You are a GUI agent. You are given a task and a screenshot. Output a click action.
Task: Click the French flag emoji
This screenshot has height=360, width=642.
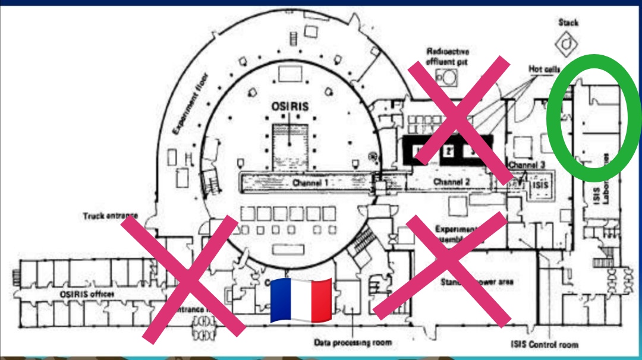point(301,300)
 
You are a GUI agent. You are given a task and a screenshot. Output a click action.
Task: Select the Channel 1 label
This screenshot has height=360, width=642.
point(310,182)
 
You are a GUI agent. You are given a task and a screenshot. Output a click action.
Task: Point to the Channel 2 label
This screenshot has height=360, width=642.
point(452,181)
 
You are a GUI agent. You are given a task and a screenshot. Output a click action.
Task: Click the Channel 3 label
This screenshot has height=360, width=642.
point(527,165)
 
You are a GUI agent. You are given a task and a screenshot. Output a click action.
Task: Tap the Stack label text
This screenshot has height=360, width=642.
point(568,23)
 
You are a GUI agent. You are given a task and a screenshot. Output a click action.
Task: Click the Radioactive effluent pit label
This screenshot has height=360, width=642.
point(448,56)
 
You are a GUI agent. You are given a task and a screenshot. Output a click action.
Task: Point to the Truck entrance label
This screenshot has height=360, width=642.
point(111,215)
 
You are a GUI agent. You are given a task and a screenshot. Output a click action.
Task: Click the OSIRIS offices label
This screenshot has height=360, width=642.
point(87,294)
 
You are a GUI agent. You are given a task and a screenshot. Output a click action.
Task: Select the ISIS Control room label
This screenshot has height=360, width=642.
point(544,344)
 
